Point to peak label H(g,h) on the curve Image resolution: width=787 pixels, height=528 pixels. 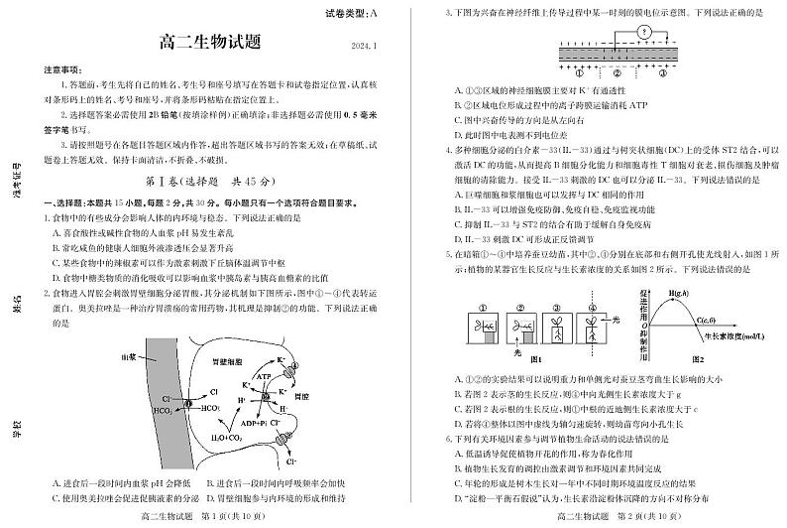[679, 294]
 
